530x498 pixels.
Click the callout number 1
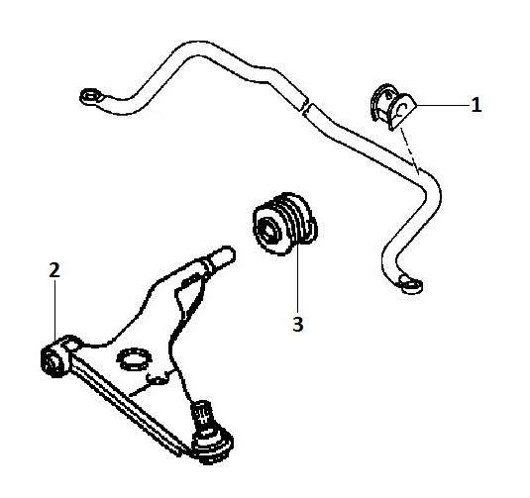coord(477,105)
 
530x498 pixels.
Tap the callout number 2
coord(54,270)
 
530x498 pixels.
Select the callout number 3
coord(298,325)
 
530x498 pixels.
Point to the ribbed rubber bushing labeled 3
coord(285,223)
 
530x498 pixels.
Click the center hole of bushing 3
coord(268,232)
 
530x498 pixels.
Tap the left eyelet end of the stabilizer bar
coord(90,97)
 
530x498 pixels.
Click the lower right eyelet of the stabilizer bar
coord(410,284)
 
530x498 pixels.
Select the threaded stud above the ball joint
coord(202,414)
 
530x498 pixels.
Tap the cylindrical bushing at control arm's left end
coord(54,358)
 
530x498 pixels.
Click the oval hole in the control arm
coord(134,358)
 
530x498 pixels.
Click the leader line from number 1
coord(444,106)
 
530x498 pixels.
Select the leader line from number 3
coord(297,279)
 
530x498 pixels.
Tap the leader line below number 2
coord(54,309)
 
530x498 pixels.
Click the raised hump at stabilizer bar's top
coord(196,50)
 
